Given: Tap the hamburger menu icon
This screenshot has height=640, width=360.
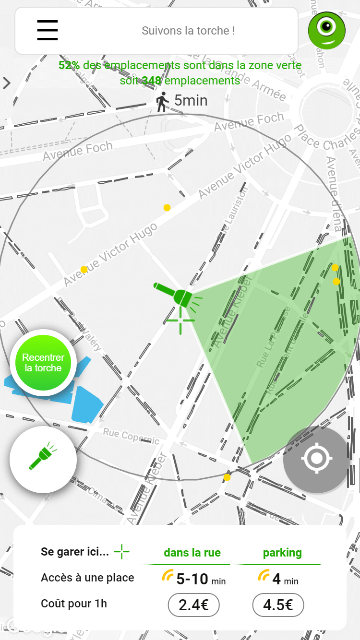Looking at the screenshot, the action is coord(48,31).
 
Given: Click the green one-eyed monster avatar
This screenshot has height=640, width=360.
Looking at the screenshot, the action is coord(327,30).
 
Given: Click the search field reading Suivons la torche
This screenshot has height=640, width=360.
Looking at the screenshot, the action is coord(188,31).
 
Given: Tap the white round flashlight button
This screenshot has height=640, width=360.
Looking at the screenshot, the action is coord(43,459).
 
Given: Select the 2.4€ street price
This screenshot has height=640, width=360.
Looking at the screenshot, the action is coord(193,605).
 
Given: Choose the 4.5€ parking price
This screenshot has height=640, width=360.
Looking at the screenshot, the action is coord(278,605).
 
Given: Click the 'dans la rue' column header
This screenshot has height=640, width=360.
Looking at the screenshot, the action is coord(192,553).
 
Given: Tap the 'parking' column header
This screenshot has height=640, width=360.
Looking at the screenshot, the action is coord(282,553).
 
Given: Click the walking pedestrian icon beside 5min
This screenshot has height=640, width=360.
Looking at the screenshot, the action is coord(163,101).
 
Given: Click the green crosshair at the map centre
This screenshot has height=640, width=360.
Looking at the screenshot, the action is coord(180,320).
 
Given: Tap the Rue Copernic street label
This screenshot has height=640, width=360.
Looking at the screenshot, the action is coord(131,436).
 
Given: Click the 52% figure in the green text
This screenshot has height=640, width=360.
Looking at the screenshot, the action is coord(69,65).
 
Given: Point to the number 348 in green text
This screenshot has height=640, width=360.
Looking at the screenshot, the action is coord(151,81).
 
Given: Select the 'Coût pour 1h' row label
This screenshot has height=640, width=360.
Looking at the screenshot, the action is coord(74,604).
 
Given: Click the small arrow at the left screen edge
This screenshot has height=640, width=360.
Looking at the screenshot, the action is coord(6,83).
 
